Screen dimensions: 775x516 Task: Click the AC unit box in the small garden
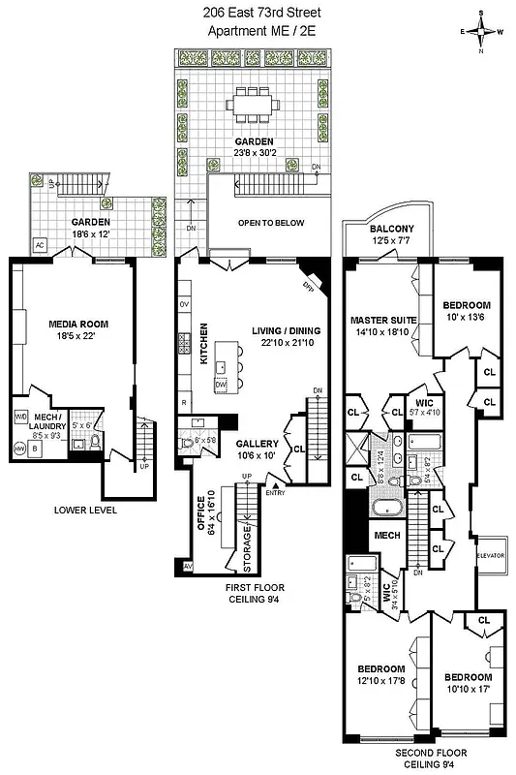click(x=42, y=244)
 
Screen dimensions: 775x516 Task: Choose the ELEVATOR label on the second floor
click(x=491, y=555)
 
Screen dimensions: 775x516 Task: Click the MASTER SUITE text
click(x=384, y=321)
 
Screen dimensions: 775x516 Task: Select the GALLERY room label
click(x=257, y=444)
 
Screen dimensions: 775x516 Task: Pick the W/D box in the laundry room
click(x=20, y=418)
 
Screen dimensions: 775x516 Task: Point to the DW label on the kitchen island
click(x=221, y=385)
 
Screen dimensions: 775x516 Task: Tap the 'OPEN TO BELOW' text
click(x=271, y=223)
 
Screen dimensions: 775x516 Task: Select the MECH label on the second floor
click(x=387, y=534)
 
